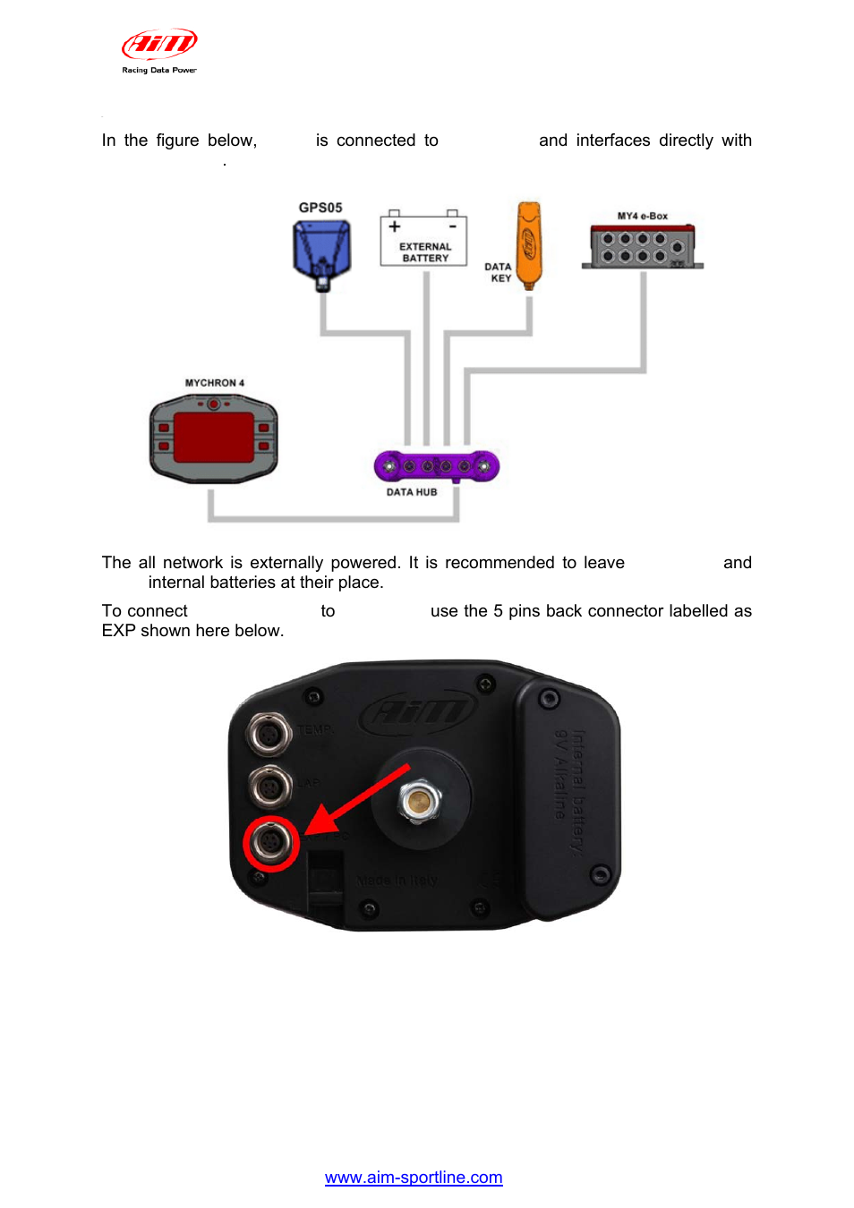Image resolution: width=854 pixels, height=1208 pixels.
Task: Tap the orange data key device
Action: point(528,243)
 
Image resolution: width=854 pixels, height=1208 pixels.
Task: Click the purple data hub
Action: point(436,465)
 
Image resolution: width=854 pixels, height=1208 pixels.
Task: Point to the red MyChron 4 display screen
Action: point(213,438)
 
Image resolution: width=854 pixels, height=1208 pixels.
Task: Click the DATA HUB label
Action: point(412,492)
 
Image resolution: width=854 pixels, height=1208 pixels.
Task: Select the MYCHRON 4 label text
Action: point(215,383)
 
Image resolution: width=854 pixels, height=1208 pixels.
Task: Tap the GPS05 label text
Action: point(320,208)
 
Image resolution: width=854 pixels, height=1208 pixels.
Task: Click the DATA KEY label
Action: point(499,272)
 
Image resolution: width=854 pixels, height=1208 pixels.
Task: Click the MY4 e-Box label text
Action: point(642,217)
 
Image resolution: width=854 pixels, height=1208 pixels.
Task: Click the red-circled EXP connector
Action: point(270,842)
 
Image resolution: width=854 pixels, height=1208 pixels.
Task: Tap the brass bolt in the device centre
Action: point(419,799)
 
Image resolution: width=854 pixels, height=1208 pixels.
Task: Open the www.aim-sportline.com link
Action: point(414,1178)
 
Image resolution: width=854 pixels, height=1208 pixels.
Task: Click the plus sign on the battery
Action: point(395,226)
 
